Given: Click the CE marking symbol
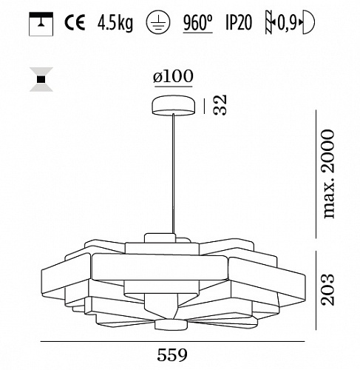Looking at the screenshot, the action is [x=75, y=22].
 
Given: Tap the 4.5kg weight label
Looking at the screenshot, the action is [x=115, y=23].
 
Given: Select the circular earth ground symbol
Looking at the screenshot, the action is [x=158, y=24].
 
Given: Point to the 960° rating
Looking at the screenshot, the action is [x=198, y=23].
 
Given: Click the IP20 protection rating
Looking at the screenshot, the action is [x=239, y=23].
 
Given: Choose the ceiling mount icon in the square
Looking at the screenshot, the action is [x=41, y=24].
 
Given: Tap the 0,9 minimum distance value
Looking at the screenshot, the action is [x=287, y=23].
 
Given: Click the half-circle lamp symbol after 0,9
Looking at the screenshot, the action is [x=308, y=22].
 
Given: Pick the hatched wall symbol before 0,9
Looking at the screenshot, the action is [x=270, y=22].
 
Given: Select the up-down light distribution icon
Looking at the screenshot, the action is [x=41, y=79].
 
